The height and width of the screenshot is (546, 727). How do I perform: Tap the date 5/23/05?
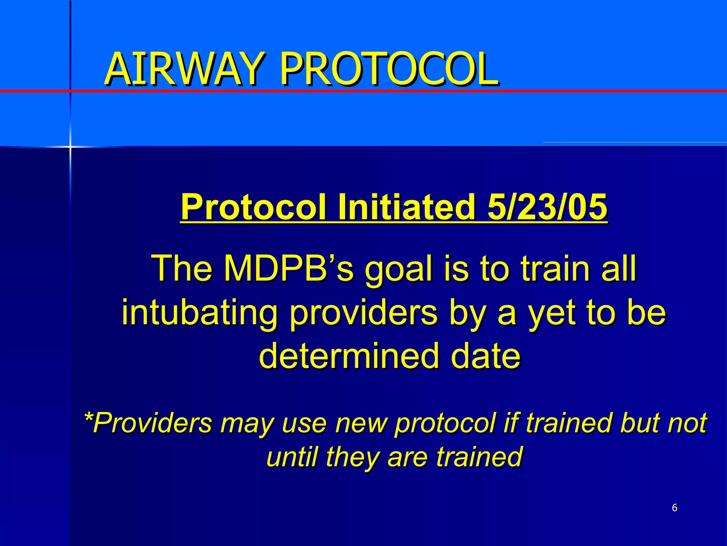(547, 207)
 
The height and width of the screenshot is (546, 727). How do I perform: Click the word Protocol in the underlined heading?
(253, 207)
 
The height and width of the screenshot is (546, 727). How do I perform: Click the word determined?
(348, 357)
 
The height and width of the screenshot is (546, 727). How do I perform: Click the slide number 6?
(674, 508)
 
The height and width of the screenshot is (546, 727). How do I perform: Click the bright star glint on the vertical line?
(70, 146)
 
